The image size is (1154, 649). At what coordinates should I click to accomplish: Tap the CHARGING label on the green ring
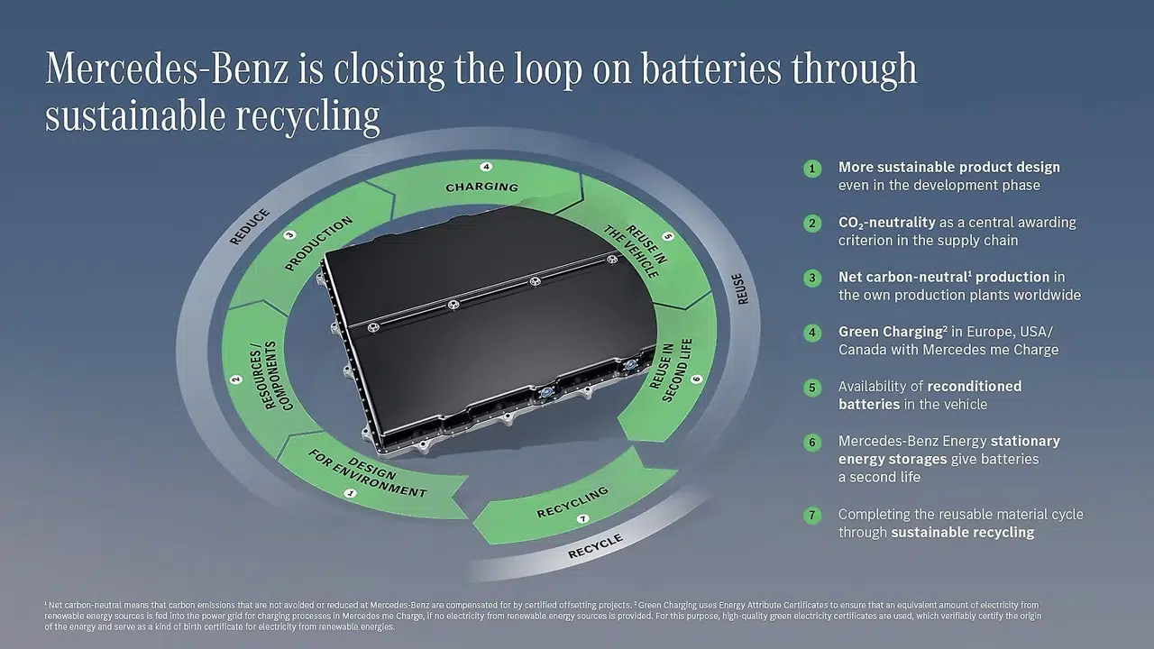(481, 187)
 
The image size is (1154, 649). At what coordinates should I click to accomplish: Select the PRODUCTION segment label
(318, 243)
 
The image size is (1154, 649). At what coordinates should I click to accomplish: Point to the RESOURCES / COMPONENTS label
(270, 376)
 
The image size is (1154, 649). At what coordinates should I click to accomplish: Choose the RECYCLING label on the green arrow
(572, 502)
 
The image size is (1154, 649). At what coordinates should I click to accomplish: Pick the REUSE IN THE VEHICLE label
(637, 251)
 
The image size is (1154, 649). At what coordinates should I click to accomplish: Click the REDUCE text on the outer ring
(250, 226)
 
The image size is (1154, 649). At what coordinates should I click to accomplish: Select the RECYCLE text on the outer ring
(595, 546)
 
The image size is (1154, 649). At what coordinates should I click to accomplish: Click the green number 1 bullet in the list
(812, 169)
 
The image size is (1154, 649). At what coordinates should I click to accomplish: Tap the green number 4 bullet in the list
(812, 333)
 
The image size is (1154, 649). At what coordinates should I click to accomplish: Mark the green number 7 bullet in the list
(812, 515)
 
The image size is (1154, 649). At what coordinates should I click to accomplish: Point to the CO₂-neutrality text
(886, 223)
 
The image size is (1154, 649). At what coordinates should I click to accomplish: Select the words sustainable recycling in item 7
(962, 532)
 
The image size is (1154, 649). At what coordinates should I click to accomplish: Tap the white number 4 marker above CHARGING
(486, 167)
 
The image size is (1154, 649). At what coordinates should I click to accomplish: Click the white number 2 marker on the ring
(236, 379)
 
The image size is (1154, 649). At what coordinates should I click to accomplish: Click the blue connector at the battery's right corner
(629, 365)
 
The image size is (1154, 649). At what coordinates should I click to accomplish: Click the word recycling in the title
(308, 116)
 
